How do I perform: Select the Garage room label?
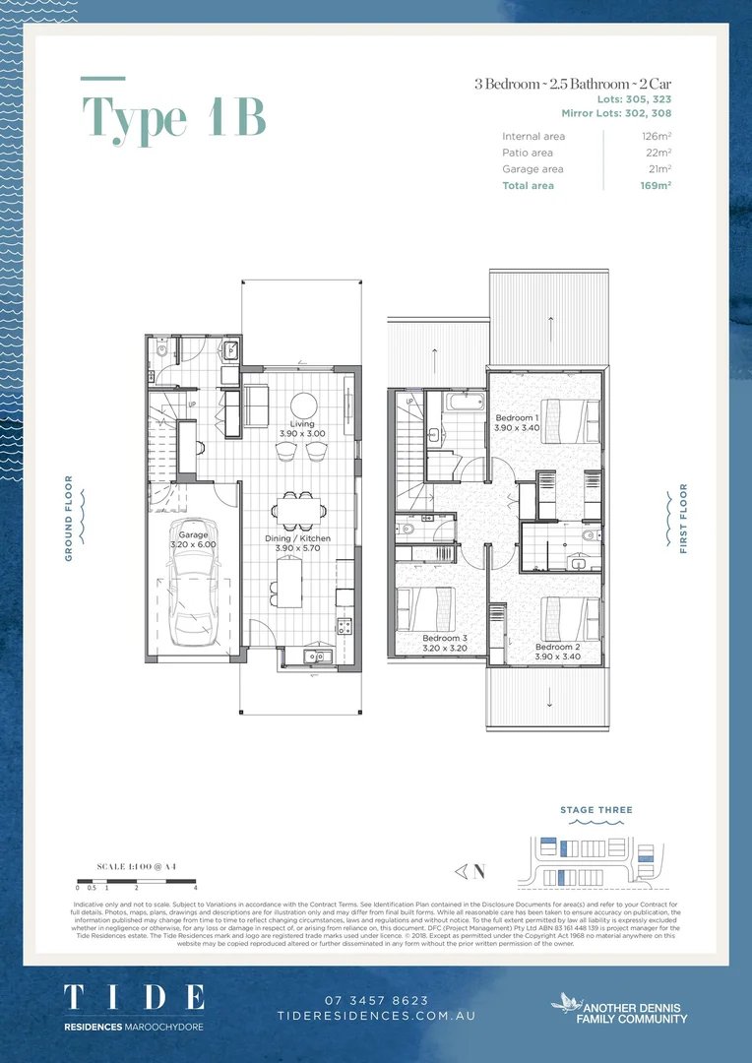[x=193, y=534]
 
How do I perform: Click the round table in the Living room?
[x=303, y=406]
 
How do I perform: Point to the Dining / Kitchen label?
[x=297, y=538]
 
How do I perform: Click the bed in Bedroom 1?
[x=567, y=421]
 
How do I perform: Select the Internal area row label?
[x=533, y=137]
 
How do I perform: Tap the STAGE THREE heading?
[x=595, y=810]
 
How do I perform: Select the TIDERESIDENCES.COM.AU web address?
[x=376, y=1015]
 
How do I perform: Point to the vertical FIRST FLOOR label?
[x=683, y=518]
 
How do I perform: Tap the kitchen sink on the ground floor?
[x=317, y=656]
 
